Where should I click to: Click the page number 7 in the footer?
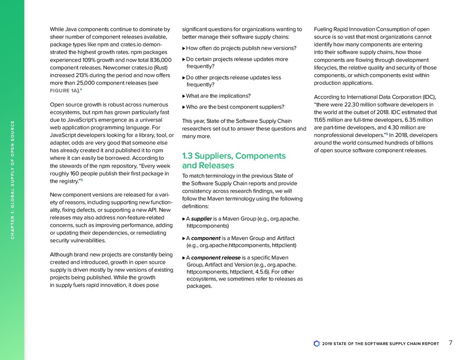tap(451, 343)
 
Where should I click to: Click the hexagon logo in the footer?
tap(317, 344)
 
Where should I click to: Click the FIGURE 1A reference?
tap(64, 91)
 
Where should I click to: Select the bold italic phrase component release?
tap(216, 258)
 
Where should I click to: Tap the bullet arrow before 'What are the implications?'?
tap(183, 96)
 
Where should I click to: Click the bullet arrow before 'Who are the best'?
tap(183, 107)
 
